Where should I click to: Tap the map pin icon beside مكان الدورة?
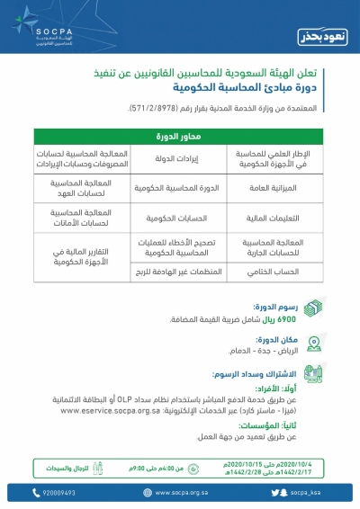click(312, 344)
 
